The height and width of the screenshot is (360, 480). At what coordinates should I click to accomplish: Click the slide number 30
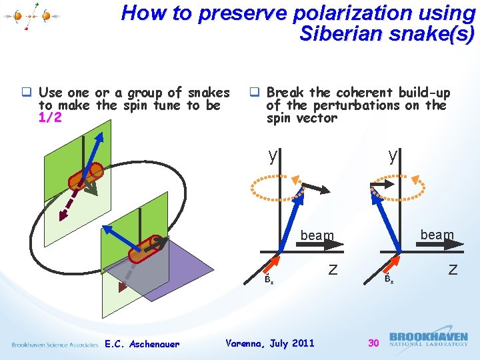pyautogui.click(x=374, y=343)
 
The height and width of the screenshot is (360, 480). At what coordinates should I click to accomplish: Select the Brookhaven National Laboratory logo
pyautogui.click(x=428, y=339)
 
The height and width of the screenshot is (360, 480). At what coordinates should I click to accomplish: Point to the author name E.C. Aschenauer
pyautogui.click(x=142, y=344)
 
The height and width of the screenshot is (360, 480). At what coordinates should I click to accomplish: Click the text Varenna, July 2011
pyautogui.click(x=270, y=343)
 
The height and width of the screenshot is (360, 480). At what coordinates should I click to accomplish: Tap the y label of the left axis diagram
pyautogui.click(x=272, y=156)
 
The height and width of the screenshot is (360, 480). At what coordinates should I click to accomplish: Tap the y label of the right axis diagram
pyautogui.click(x=393, y=156)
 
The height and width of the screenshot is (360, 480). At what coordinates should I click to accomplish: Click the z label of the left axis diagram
pyautogui.click(x=332, y=269)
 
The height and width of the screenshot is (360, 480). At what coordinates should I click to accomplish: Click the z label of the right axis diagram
pyautogui.click(x=453, y=269)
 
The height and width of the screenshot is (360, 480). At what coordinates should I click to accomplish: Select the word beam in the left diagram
pyautogui.click(x=317, y=235)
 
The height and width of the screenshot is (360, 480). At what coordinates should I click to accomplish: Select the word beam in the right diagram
pyautogui.click(x=437, y=235)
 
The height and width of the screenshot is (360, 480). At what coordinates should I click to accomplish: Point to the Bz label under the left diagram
pyautogui.click(x=268, y=279)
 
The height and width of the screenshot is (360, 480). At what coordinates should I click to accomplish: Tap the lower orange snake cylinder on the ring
pyautogui.click(x=145, y=249)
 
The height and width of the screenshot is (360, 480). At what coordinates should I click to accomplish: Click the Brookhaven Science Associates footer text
pyautogui.click(x=55, y=344)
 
